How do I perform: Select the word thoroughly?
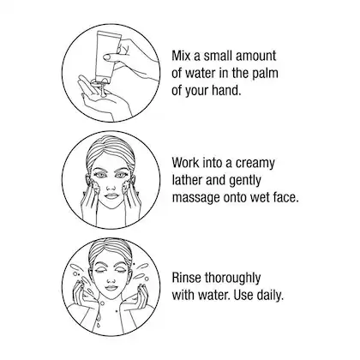pos(232,279)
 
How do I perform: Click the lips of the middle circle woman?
pos(111,196)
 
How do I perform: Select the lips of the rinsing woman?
pos(111,287)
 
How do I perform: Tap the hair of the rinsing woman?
pos(111,249)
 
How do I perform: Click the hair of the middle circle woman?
pos(111,149)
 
